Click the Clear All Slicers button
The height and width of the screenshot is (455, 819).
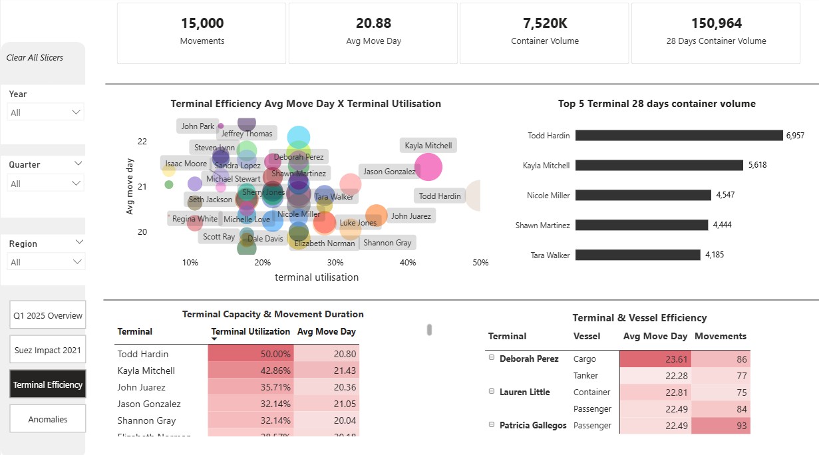(x=35, y=57)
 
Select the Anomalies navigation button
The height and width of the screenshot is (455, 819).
(x=48, y=420)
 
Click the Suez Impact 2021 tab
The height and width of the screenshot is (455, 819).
(x=48, y=350)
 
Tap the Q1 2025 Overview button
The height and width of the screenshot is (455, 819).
(x=48, y=316)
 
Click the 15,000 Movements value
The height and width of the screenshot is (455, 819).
(x=202, y=23)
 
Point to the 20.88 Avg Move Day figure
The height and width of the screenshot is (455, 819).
(x=373, y=23)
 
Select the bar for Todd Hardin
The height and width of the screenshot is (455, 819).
(x=679, y=135)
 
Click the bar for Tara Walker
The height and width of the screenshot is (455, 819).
(x=637, y=255)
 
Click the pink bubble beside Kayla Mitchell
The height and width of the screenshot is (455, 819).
(x=428, y=167)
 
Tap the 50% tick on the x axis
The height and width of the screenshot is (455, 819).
(x=480, y=263)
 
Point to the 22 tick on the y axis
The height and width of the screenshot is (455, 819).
(x=142, y=141)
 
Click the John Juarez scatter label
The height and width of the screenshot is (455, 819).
(x=410, y=216)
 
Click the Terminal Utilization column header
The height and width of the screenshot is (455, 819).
(x=250, y=331)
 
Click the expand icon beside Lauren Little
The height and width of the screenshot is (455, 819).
(x=492, y=392)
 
